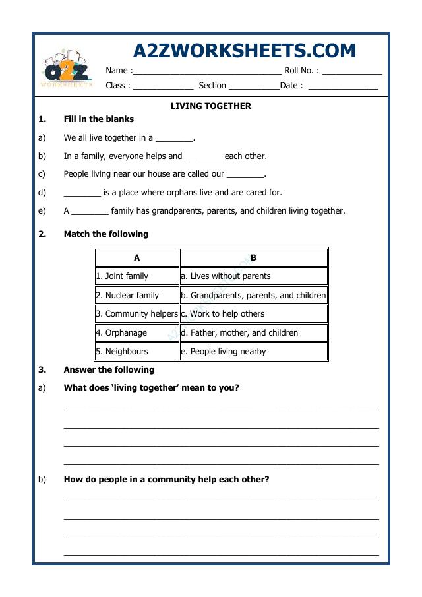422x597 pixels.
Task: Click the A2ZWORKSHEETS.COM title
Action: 244,51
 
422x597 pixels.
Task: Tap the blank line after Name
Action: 207,71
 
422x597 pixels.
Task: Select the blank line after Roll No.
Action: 351,71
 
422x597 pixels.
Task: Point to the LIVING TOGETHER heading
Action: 211,106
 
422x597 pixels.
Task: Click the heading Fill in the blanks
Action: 98,119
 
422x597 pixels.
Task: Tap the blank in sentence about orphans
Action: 82,193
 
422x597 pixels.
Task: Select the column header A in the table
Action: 137,258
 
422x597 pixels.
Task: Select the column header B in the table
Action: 253,258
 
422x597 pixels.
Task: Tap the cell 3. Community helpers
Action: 136,314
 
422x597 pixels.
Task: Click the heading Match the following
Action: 105,234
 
